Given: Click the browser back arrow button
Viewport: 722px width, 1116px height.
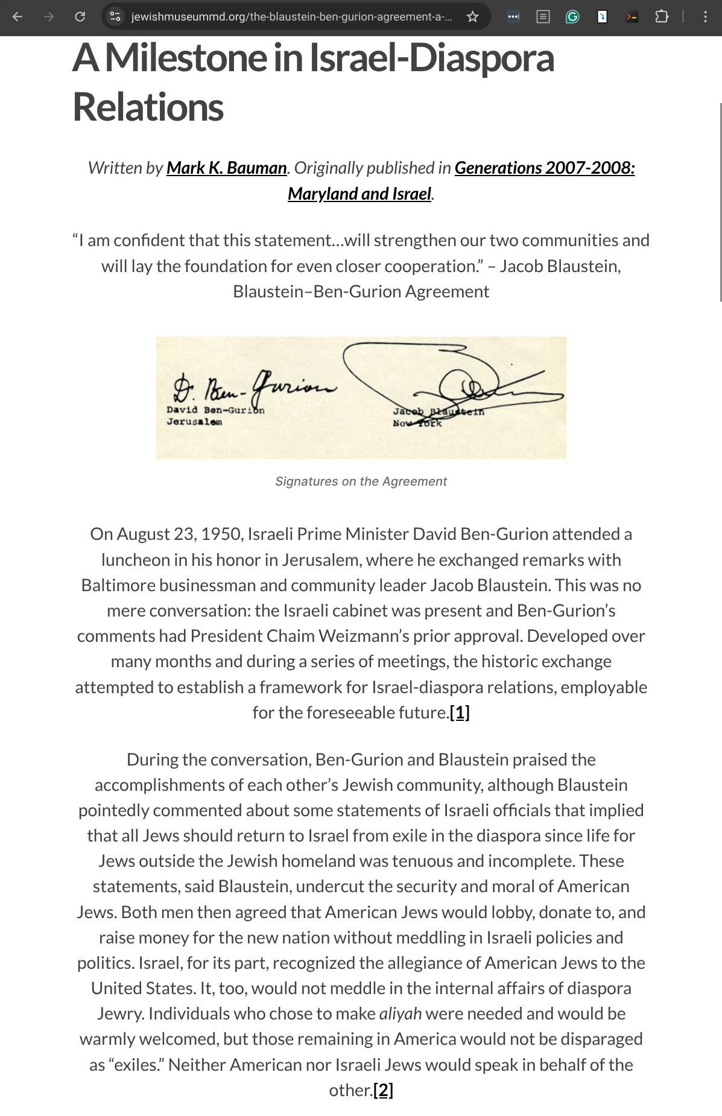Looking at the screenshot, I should (x=17, y=17).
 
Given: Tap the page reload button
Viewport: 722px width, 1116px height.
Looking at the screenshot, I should (x=80, y=17).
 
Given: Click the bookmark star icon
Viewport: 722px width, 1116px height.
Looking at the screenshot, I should (x=472, y=17).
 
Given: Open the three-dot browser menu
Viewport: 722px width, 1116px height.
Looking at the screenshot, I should (x=705, y=17).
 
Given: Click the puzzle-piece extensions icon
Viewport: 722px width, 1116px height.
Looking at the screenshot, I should (x=662, y=17).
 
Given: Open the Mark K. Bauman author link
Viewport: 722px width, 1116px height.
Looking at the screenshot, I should (x=226, y=168).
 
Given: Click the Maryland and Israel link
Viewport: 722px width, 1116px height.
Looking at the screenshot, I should (x=359, y=194).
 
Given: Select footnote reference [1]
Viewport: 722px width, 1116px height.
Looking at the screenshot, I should (x=460, y=712).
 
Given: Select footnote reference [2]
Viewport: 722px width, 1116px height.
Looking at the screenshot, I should (x=383, y=1090).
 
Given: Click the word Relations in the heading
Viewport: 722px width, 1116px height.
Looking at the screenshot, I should (x=148, y=107).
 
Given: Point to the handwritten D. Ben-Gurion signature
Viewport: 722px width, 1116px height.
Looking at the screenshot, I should (x=253, y=387).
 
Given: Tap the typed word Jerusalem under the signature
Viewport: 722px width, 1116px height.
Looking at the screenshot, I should (x=194, y=422).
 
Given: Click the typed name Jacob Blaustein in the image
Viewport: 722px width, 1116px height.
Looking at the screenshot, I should (x=438, y=411).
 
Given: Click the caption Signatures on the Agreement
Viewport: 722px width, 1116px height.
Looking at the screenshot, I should (x=361, y=481).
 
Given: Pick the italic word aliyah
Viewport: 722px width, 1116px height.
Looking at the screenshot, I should (x=400, y=1013).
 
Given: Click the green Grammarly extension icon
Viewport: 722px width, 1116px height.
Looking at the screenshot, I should (x=572, y=17).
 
